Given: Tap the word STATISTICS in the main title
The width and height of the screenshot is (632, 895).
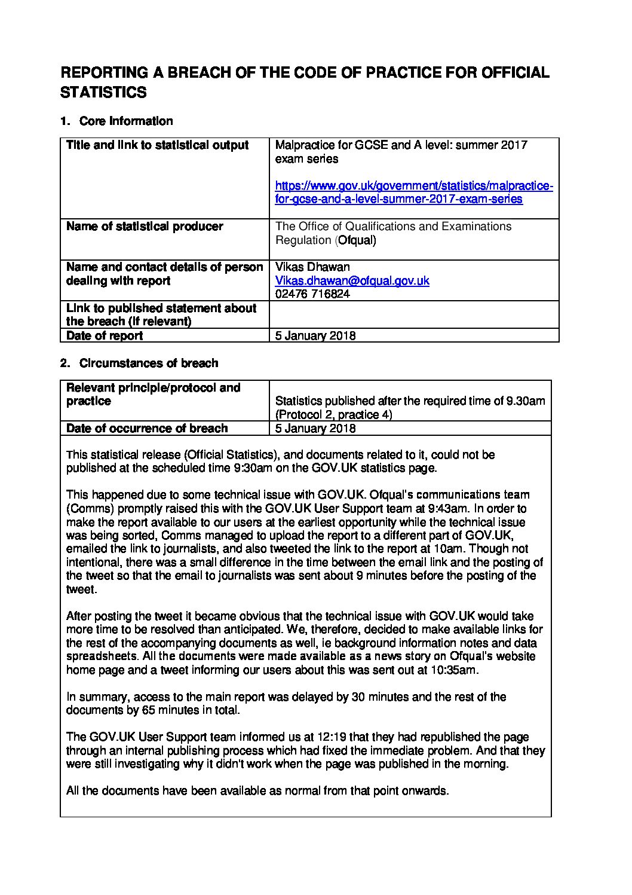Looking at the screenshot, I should (x=103, y=93).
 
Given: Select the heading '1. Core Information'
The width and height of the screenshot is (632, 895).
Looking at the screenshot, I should (x=116, y=121).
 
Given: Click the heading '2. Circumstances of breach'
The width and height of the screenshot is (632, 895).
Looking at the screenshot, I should (x=139, y=364).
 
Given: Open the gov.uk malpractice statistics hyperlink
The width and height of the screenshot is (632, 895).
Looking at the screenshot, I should (x=413, y=193).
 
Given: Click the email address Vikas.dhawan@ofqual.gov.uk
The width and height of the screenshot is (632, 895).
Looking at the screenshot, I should (x=352, y=280).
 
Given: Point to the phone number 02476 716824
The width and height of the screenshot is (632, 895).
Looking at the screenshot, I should (x=312, y=294).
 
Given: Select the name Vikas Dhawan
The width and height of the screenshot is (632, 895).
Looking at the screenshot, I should (x=312, y=267).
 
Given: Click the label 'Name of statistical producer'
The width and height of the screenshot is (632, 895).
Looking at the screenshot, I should (x=145, y=227).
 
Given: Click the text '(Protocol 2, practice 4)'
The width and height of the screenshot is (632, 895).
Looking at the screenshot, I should (x=333, y=415).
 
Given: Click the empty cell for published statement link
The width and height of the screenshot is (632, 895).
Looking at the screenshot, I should (x=413, y=314).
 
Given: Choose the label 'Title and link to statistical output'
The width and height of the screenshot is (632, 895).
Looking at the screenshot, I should (x=157, y=145).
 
